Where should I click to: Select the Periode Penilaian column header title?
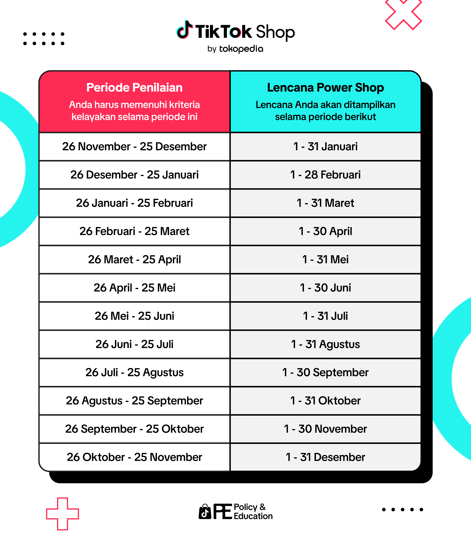tap(134, 87)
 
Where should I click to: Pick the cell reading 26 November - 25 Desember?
tap(134, 146)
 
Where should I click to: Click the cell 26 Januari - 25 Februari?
tap(134, 203)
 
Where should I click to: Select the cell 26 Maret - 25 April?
tap(134, 259)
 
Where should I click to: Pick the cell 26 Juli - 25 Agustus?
tap(134, 372)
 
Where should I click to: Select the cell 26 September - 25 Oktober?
tap(134, 429)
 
